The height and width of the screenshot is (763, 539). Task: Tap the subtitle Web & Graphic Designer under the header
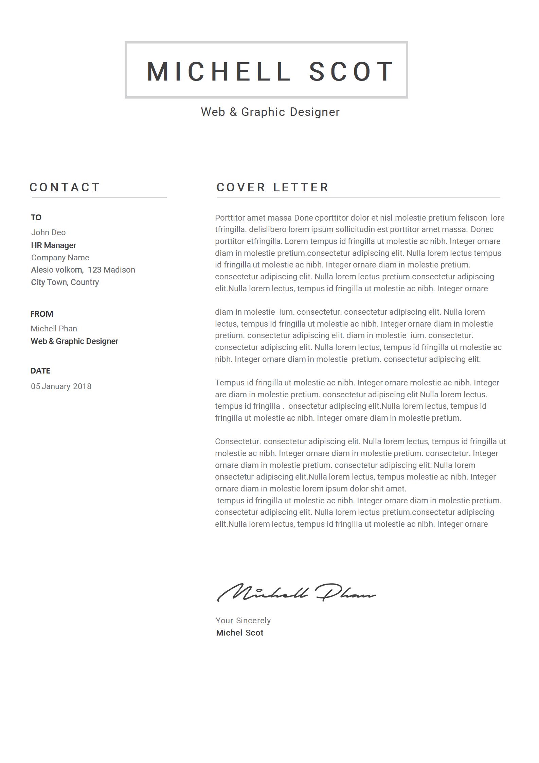click(x=270, y=112)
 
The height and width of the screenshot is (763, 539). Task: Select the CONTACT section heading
click(x=65, y=187)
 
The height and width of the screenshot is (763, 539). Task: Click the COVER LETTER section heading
click(x=273, y=187)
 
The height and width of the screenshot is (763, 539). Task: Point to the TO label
click(x=36, y=218)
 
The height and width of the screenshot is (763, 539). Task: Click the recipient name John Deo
click(x=48, y=232)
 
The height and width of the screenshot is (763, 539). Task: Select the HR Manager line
click(x=53, y=245)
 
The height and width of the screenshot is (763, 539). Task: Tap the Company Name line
click(x=60, y=258)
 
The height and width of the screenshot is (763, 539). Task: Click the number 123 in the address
click(x=94, y=270)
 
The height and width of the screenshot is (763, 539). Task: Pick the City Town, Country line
click(x=65, y=282)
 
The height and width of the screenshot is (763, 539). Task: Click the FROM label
click(x=42, y=314)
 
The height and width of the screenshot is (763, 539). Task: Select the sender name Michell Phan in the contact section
click(x=54, y=329)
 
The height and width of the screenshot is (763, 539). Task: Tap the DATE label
click(x=40, y=371)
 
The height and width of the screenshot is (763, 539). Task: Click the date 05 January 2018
click(x=61, y=386)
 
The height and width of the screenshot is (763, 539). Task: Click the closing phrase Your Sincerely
click(x=243, y=621)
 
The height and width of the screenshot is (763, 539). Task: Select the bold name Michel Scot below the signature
click(x=240, y=633)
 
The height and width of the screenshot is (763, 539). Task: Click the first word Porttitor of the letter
click(x=230, y=218)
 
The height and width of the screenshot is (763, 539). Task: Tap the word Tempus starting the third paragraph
click(x=230, y=383)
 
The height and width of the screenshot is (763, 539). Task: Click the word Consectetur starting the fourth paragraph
click(x=238, y=441)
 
